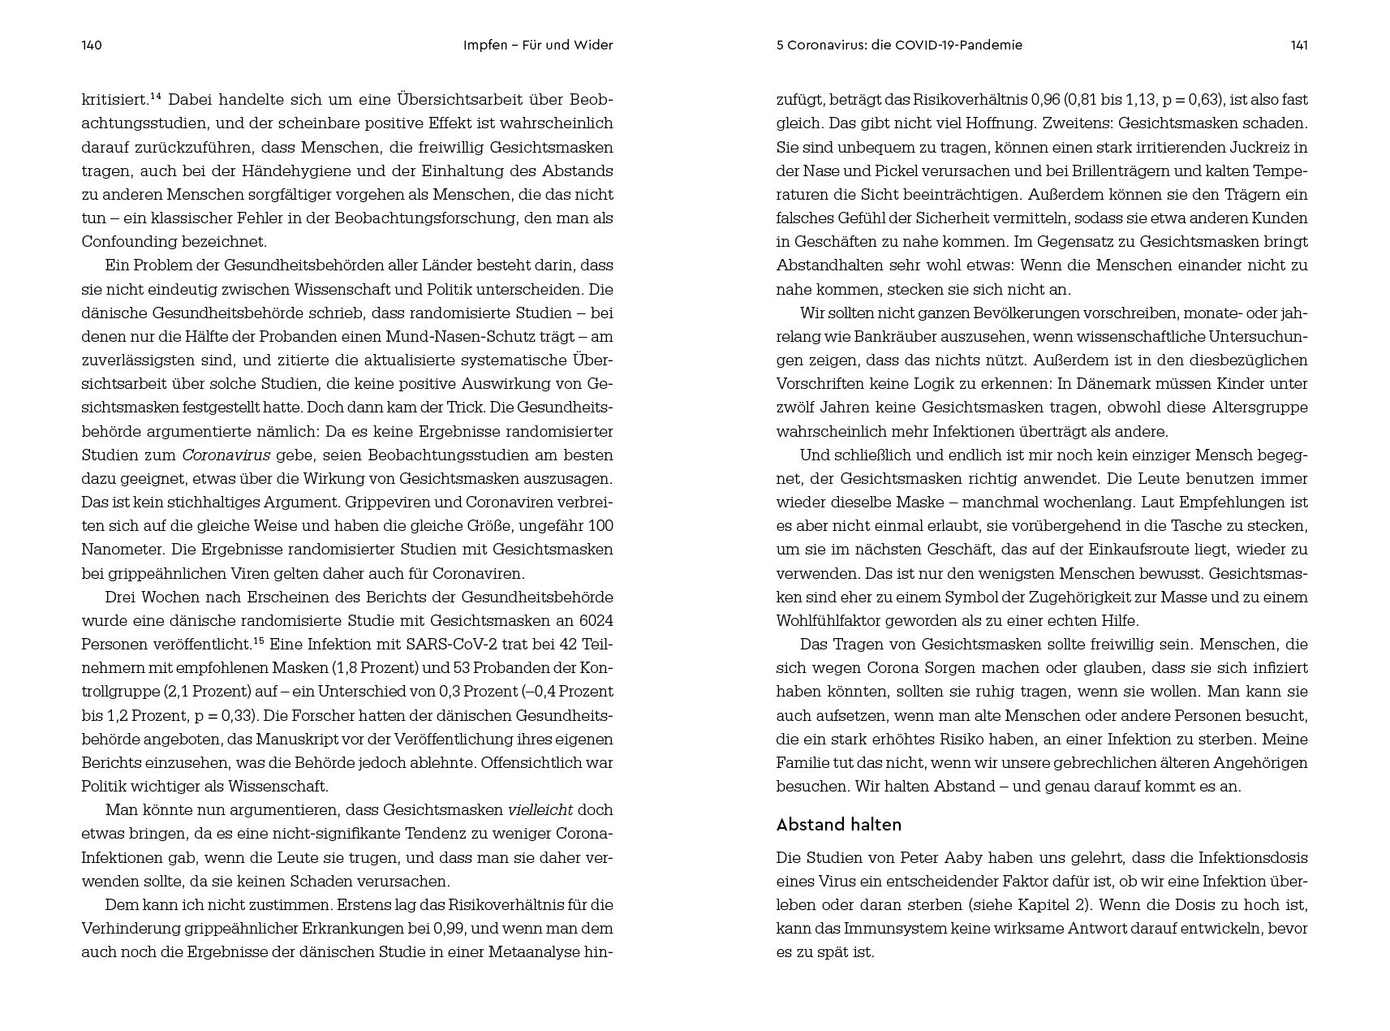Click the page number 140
(x=92, y=45)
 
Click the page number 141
(x=1298, y=45)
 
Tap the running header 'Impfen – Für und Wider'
(x=537, y=45)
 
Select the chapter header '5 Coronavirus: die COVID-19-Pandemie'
(x=899, y=45)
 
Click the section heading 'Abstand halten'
(x=838, y=825)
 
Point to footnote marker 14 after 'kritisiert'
(x=156, y=97)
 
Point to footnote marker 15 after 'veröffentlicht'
(x=259, y=641)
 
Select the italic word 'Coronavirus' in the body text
(x=226, y=455)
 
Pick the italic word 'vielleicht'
(x=540, y=810)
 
